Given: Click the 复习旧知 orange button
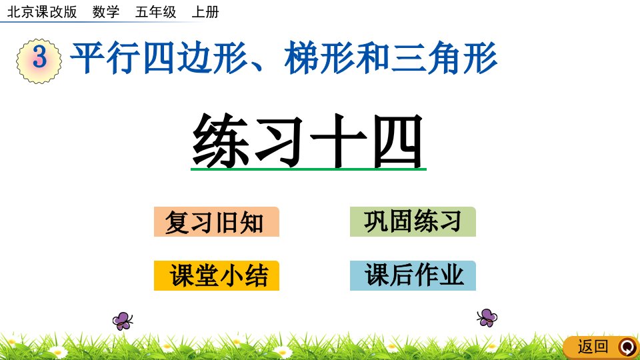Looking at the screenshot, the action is click(x=216, y=221).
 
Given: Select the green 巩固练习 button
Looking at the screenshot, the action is click(x=413, y=221).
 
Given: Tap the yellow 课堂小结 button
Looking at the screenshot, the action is click(x=216, y=275).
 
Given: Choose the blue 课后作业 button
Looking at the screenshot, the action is click(x=413, y=275).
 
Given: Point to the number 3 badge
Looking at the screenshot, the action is click(x=39, y=61).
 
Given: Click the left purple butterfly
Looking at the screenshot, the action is click(x=123, y=321).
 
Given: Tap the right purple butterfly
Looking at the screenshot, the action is click(x=487, y=317).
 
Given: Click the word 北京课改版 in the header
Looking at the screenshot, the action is click(x=42, y=12).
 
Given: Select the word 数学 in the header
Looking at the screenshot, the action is click(x=106, y=12).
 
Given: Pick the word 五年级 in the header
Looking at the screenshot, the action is click(x=155, y=12).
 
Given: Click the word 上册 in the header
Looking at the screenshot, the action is click(x=205, y=12).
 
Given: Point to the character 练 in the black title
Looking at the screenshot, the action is click(x=221, y=140).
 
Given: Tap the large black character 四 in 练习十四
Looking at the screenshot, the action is click(x=397, y=141).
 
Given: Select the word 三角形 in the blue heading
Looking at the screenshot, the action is click(x=443, y=57).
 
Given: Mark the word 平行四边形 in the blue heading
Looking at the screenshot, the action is click(x=159, y=57).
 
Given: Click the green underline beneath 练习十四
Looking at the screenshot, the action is click(x=309, y=169).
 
